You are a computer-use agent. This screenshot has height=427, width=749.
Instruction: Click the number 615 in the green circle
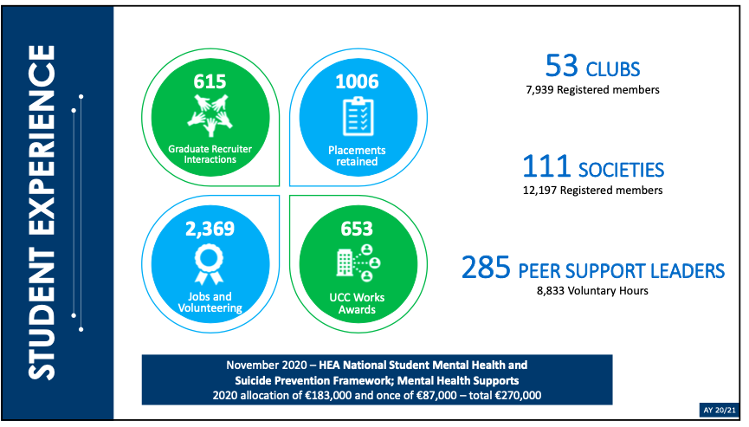coord(210,82)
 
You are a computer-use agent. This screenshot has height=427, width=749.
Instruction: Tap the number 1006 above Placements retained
coord(357,82)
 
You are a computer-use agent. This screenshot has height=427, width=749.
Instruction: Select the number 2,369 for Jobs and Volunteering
coord(210,230)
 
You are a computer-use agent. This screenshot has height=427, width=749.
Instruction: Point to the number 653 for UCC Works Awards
coord(357,230)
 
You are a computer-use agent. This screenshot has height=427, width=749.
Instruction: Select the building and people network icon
coord(357,262)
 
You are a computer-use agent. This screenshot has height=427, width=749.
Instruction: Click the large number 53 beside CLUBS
coord(562,66)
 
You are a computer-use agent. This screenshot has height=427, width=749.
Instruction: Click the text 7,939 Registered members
coord(592,89)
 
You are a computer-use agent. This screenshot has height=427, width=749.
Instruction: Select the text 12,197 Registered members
coord(592,190)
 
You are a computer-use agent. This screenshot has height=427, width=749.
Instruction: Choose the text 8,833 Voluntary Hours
coord(592,290)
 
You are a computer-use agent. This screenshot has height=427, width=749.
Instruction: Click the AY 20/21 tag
coord(718,409)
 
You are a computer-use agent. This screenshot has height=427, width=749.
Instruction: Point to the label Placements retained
coord(357,156)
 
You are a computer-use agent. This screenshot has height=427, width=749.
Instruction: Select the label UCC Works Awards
coord(357,304)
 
